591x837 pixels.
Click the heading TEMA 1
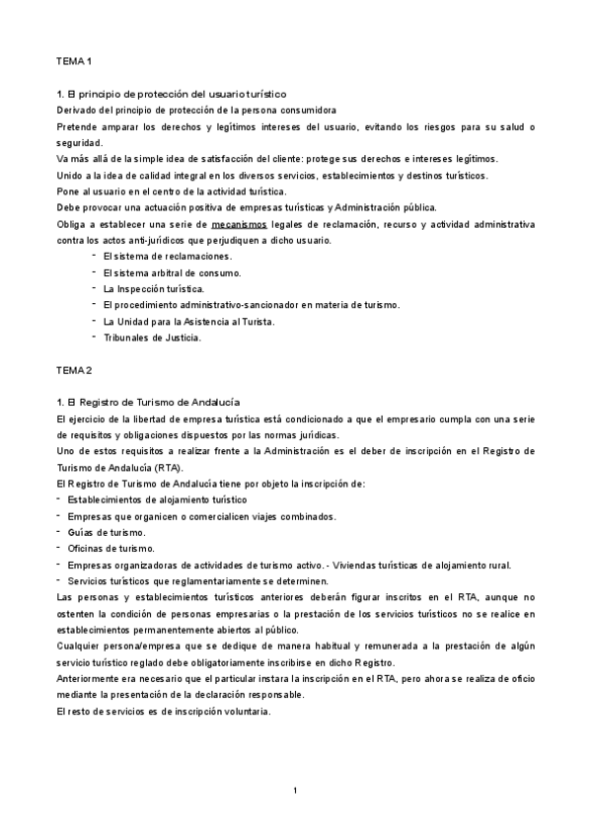pos(74,61)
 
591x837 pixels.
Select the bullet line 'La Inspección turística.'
pos(153,288)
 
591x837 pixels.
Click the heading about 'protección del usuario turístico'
pos(172,94)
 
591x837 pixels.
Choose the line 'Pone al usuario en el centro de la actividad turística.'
pos(186,191)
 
